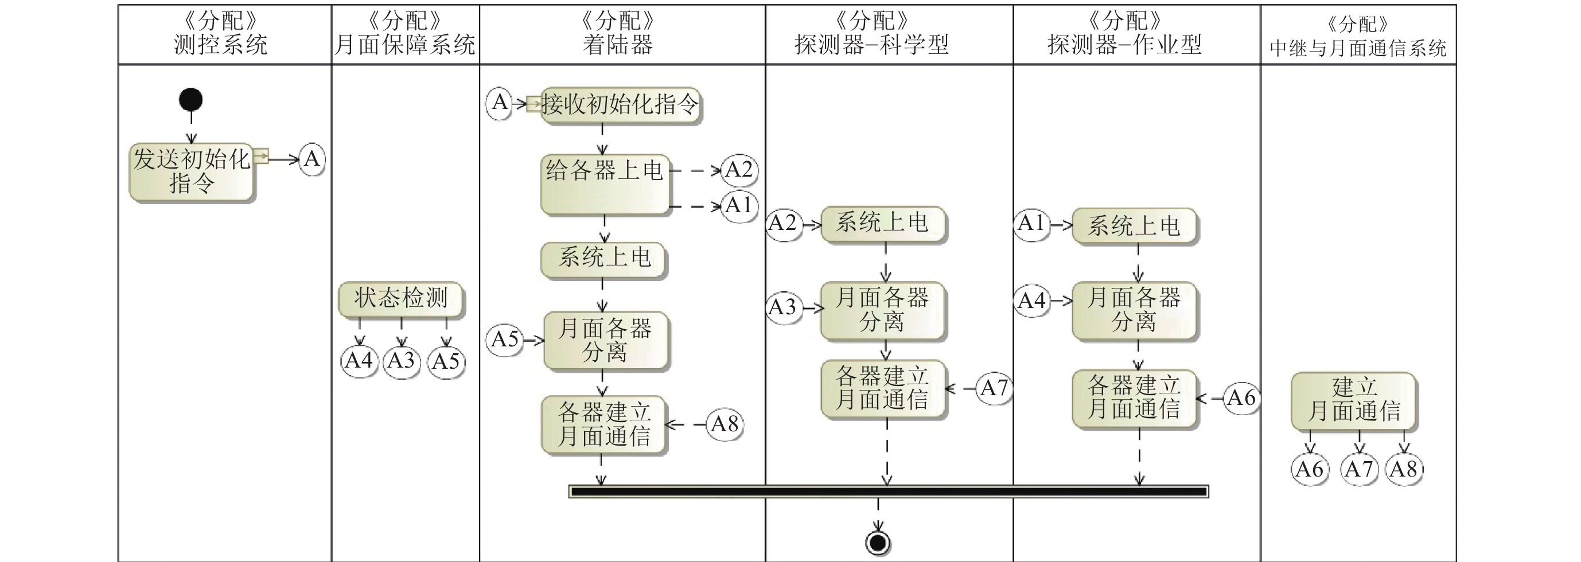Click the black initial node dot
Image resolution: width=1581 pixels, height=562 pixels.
pos(191,100)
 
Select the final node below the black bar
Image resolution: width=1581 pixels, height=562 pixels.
pos(878,543)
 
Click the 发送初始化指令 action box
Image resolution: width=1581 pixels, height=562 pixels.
pos(192,172)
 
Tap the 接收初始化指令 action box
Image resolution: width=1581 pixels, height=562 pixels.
pos(620,105)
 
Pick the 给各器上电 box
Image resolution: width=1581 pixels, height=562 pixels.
pos(605,184)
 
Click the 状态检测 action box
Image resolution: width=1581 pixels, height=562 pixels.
pos(401,299)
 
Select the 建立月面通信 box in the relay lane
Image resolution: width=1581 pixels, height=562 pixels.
pos(1353,400)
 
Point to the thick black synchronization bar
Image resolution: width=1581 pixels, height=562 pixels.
pos(888,491)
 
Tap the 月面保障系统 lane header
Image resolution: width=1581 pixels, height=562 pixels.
pos(405,34)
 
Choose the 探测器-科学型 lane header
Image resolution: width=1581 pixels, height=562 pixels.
pos(871,34)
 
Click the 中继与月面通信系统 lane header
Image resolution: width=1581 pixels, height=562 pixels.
pos(1358,36)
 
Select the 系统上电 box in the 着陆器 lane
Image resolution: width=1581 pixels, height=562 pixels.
pos(604,259)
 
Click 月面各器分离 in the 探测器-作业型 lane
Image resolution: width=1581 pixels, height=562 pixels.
pos(1134,310)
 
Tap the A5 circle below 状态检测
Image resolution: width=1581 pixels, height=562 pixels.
pos(446,361)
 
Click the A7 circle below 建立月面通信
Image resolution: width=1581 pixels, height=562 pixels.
pos(1359,469)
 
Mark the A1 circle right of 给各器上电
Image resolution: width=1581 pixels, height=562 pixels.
pos(738,205)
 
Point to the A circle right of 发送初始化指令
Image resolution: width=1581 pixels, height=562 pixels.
pos(311,159)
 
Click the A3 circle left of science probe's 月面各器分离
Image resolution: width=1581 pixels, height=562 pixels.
pos(783,307)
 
